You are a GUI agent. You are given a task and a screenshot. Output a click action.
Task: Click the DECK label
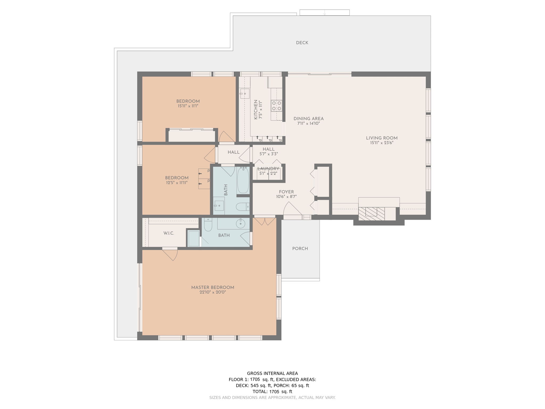302,43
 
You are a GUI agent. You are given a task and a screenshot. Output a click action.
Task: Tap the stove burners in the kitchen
276,106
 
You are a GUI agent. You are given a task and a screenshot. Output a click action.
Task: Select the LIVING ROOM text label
382,138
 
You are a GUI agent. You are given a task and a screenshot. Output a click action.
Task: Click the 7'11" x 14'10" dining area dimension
308,124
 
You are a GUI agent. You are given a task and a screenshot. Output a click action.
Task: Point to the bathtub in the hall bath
243,180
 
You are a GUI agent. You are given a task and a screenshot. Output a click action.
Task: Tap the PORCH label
300,249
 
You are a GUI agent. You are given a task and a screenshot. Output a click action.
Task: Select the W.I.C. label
169,233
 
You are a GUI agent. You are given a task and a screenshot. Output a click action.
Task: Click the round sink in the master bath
241,224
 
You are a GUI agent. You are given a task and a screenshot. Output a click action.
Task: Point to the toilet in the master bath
208,225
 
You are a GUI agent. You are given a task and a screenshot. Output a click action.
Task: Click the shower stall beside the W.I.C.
193,238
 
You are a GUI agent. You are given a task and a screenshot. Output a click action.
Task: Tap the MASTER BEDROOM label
213,288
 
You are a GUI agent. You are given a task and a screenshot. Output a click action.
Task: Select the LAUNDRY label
268,169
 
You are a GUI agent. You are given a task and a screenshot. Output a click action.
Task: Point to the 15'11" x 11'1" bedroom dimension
188,106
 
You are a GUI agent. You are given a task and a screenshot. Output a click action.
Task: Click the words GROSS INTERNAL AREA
272,374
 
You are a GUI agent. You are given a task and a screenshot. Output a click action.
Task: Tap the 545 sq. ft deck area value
261,386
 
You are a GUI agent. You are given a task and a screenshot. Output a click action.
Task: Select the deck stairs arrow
324,13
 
